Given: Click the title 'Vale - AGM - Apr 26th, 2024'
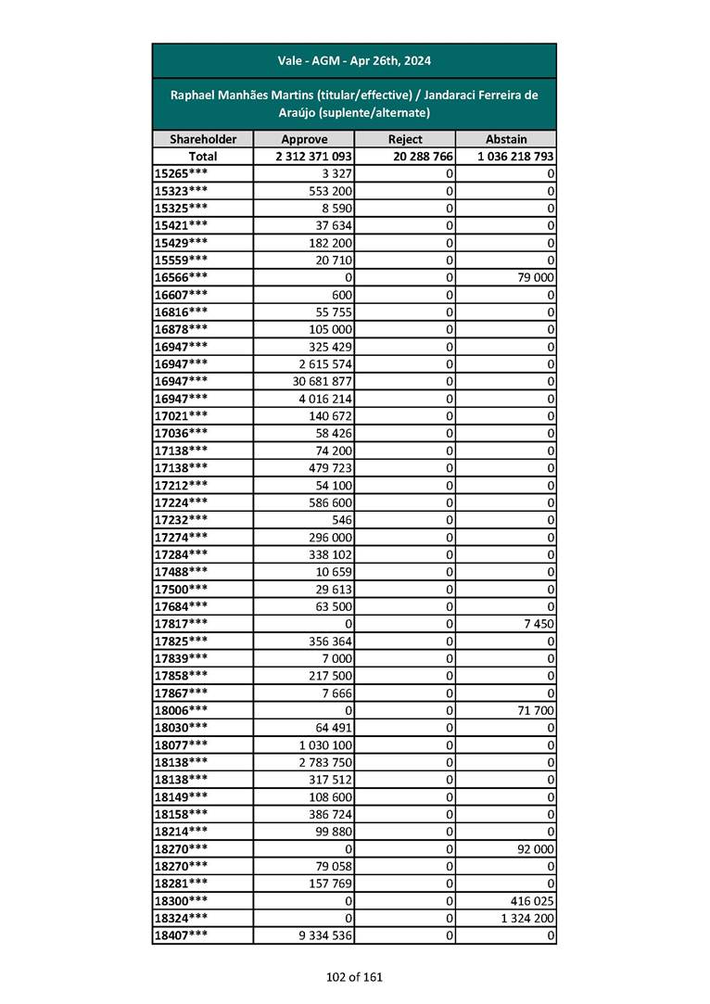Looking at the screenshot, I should (x=354, y=61).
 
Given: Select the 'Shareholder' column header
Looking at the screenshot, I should (x=202, y=139).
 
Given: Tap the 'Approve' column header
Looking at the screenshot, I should (x=304, y=139).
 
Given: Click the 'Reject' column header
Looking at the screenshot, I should (x=405, y=139).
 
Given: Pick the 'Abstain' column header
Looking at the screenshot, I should (x=505, y=139).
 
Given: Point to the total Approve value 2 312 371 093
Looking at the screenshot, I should (x=313, y=157).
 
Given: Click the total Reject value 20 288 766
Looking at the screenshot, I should (x=423, y=157).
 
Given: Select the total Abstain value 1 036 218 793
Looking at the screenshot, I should (x=516, y=157).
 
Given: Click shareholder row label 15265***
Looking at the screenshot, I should (x=181, y=173).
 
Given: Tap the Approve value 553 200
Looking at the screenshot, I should (x=330, y=191).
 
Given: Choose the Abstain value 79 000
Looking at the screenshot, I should (x=535, y=277).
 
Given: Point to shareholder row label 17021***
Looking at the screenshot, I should (x=181, y=415).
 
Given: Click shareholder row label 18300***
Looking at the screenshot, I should (x=181, y=900).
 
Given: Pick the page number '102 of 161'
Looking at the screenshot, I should (x=354, y=976).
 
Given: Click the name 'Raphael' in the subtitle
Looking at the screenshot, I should (x=195, y=95).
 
